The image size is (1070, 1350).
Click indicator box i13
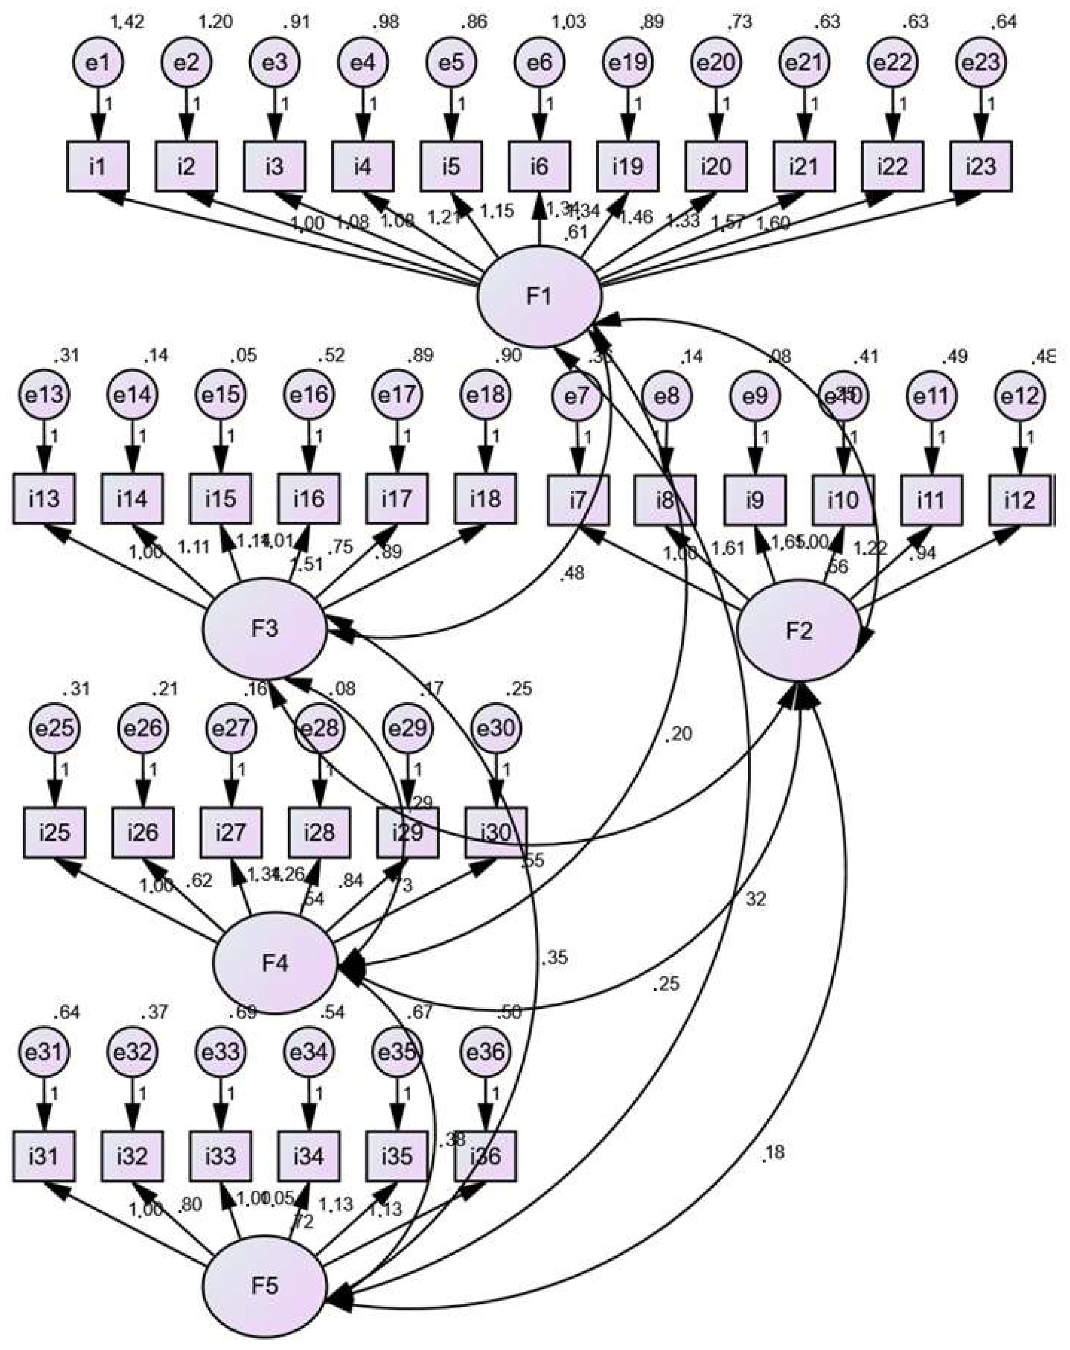point(44,499)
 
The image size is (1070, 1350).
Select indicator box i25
point(55,833)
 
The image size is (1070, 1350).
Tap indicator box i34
point(309,1156)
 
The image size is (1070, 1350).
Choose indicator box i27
point(231,833)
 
